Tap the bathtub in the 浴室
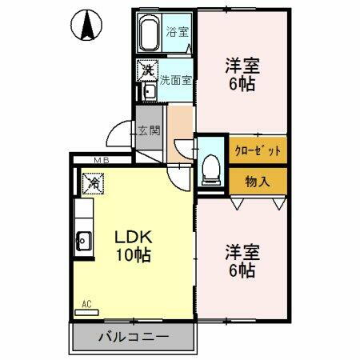pos(150,35)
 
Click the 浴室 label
pos(176,33)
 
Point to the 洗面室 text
pos(174,80)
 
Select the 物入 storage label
pos(257,182)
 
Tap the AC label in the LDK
pos(87,305)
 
